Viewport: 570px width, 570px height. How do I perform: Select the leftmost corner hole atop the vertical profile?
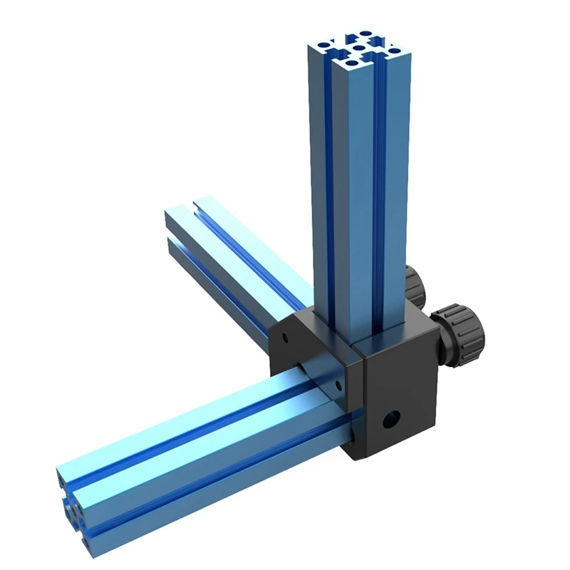326,44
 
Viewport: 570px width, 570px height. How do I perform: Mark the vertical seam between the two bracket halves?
359,399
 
